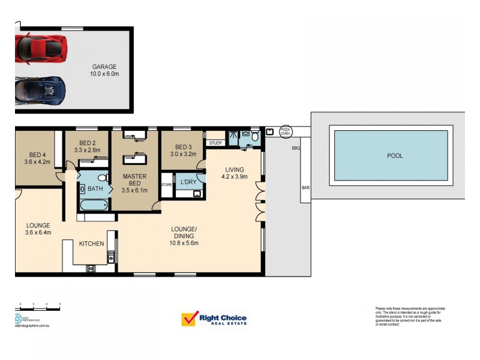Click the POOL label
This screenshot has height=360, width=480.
395,155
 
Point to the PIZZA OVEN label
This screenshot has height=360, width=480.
284,131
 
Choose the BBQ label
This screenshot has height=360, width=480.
295,148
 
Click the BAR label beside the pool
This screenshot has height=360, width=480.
305,188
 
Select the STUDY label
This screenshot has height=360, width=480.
215,143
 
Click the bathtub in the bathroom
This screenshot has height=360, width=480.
93,204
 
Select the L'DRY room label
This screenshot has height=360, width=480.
190,181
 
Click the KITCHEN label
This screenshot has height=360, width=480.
92,244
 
